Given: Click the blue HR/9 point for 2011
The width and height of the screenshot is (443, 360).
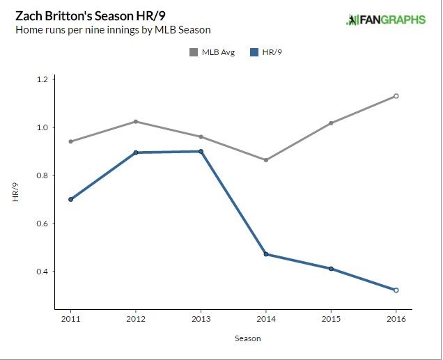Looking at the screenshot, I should (70, 199).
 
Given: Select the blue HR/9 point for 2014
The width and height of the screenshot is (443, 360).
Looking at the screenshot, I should (266, 254).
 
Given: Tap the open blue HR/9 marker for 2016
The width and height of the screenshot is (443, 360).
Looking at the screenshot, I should (396, 290).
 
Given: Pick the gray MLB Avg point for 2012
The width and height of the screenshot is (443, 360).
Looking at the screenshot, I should (136, 122).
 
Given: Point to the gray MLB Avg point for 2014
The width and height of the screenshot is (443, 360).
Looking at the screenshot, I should (266, 160).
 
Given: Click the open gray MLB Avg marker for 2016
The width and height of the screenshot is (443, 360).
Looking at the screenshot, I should (396, 96).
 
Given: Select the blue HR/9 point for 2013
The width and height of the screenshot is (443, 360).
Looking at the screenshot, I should (201, 151).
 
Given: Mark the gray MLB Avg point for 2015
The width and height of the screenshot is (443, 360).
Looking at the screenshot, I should (331, 123).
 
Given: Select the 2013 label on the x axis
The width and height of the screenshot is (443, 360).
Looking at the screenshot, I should (201, 319).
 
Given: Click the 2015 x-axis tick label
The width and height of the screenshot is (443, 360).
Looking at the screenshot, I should (331, 319).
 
